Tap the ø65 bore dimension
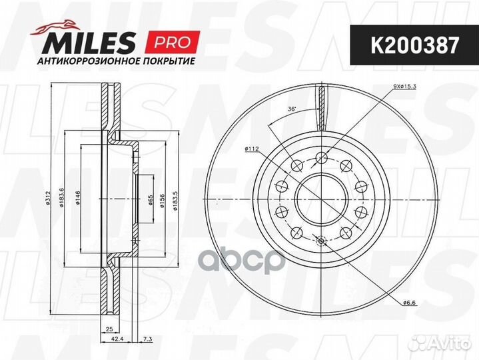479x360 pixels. pyautogui.click(x=151, y=199)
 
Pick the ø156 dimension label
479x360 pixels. pyautogui.click(x=163, y=199)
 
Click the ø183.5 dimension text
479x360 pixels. pyautogui.click(x=174, y=199)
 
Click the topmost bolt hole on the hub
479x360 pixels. pyautogui.click(x=321, y=157)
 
